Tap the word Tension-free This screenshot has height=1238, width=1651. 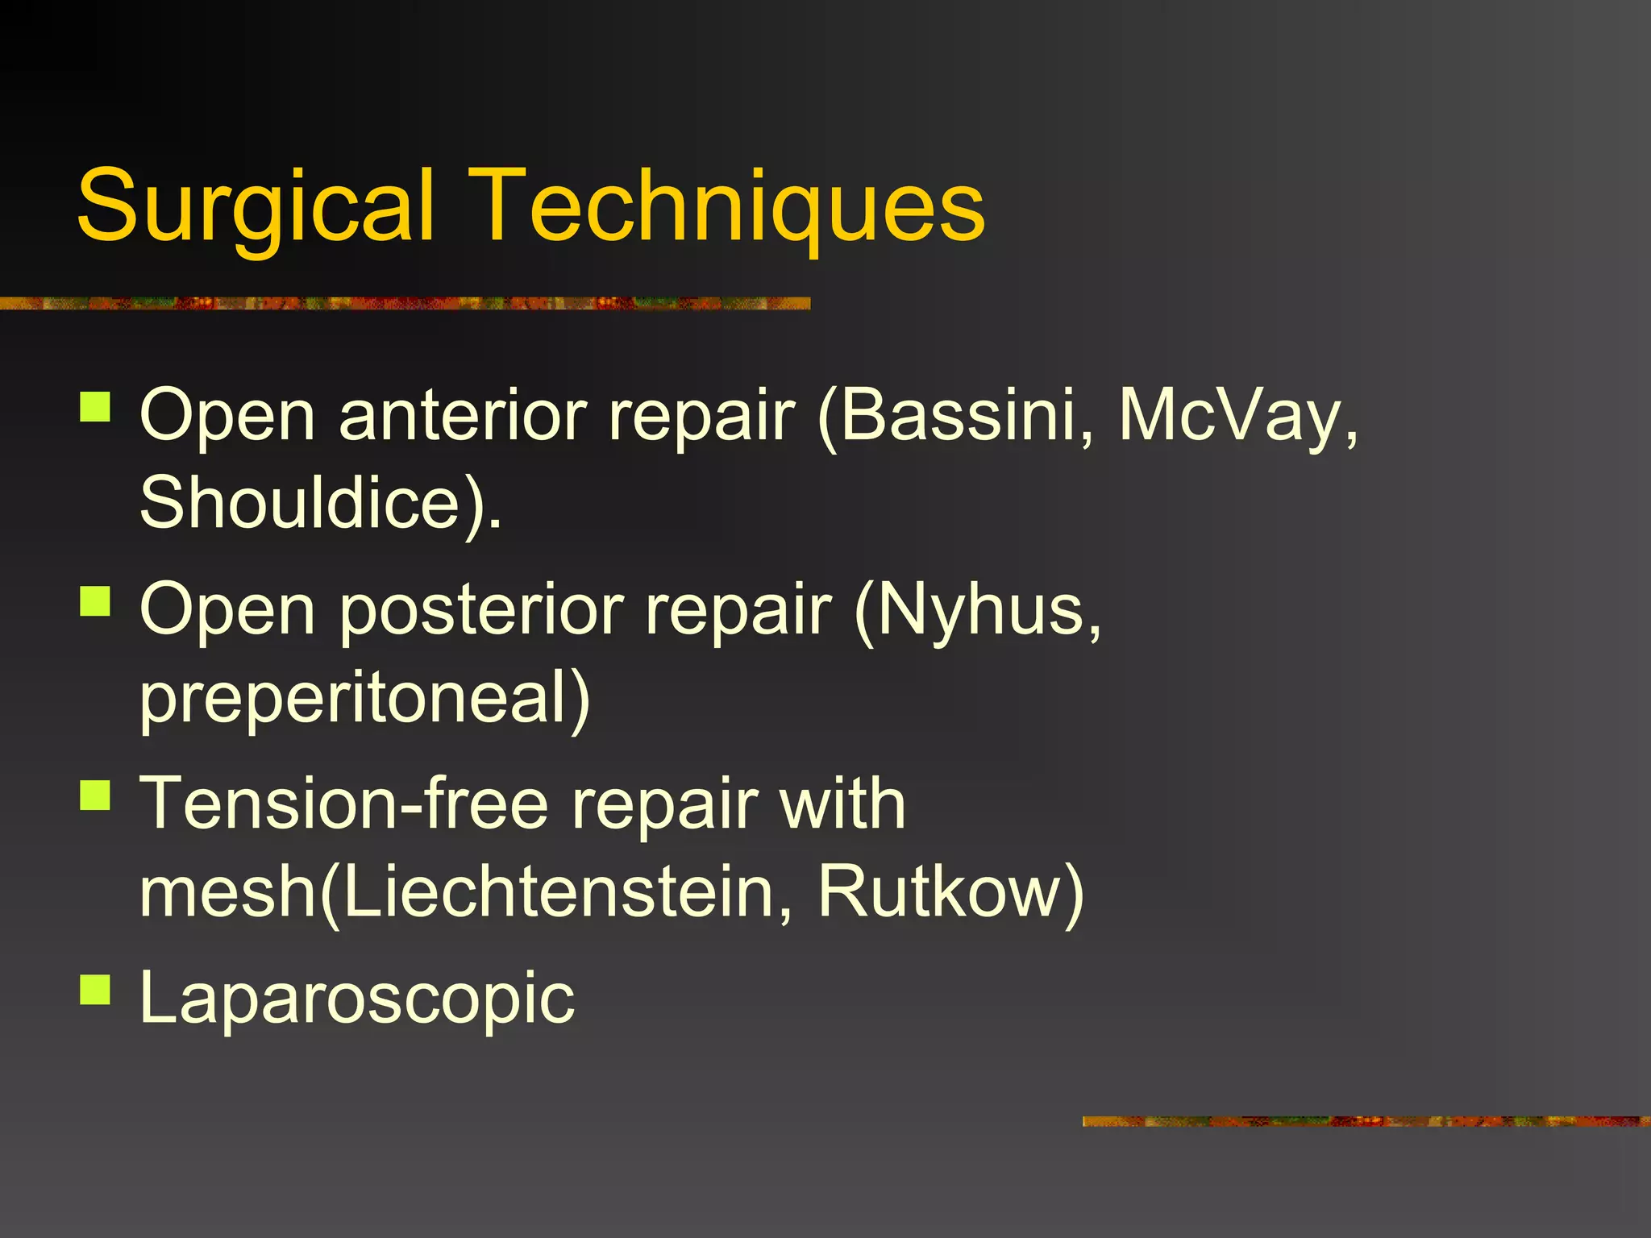(x=344, y=804)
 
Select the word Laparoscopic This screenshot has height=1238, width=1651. (x=357, y=998)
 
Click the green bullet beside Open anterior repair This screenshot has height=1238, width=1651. (x=95, y=407)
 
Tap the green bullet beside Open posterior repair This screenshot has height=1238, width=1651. (x=95, y=601)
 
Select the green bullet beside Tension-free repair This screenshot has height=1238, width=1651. (x=95, y=795)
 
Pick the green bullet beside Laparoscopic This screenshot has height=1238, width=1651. (x=95, y=990)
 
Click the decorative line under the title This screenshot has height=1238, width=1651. (x=403, y=304)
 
